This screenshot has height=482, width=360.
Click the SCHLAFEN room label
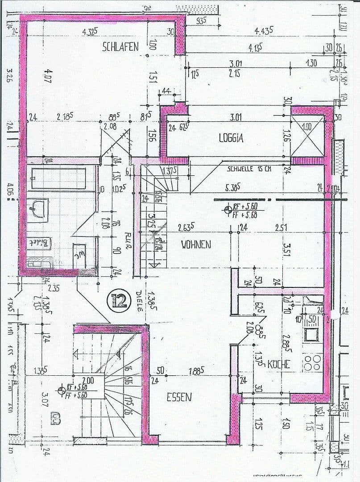click(120, 47)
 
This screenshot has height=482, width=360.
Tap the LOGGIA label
click(231, 138)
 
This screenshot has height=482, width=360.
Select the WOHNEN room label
click(196, 244)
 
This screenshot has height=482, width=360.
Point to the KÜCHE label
click(279, 364)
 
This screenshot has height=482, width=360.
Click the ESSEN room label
click(179, 397)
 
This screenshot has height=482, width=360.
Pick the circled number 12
click(119, 299)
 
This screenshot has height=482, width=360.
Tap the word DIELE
click(139, 301)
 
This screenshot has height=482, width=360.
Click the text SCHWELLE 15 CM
click(249, 169)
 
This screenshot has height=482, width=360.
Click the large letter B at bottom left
click(56, 420)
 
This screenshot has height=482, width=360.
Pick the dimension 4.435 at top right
click(264, 31)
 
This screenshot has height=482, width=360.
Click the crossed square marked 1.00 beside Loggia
click(307, 134)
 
